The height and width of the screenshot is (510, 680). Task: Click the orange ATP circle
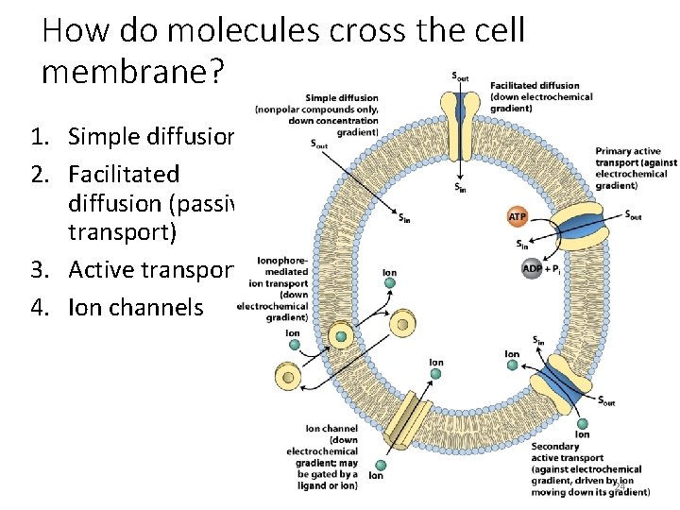click(518, 216)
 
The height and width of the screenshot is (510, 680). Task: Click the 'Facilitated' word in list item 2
click(123, 174)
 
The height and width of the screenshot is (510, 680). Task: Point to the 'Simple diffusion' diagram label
click(341, 97)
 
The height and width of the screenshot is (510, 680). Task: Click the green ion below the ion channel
click(378, 466)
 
